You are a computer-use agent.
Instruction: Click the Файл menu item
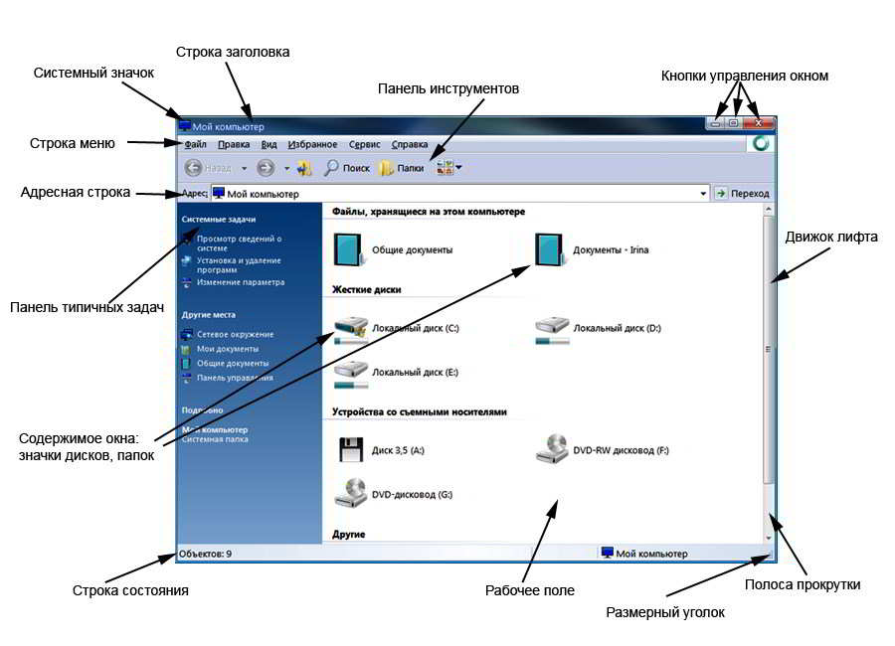[x=195, y=144]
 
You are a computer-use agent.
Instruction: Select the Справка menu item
[x=410, y=144]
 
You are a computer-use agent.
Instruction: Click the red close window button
[x=760, y=122]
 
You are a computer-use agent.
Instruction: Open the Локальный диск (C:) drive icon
[x=351, y=327]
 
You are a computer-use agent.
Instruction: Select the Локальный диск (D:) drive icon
[x=552, y=327]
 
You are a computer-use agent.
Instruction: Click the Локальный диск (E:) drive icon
[x=351, y=371]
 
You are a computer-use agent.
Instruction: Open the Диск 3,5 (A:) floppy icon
[x=350, y=450]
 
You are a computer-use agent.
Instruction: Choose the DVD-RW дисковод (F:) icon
[x=552, y=449]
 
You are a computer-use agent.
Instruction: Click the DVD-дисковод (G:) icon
[x=350, y=493]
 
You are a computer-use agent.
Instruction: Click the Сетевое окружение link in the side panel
[x=235, y=335]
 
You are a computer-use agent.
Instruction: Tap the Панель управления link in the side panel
[x=235, y=378]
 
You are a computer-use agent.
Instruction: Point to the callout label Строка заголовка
[x=233, y=52]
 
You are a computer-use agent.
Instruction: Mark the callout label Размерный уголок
[x=665, y=612]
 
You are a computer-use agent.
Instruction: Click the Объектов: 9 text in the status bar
[x=206, y=554]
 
